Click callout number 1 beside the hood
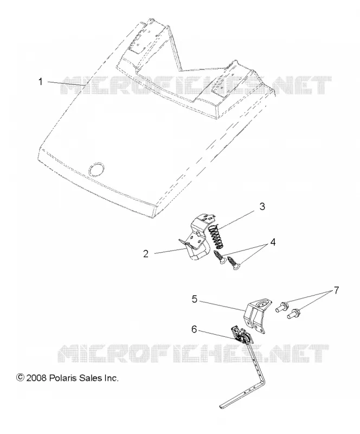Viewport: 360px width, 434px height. pos(41,82)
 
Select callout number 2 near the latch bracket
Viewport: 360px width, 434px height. pos(146,253)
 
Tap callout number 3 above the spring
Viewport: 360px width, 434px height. pos(262,207)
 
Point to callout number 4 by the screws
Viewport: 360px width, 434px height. pos(273,242)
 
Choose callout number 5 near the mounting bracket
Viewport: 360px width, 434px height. pos(195,299)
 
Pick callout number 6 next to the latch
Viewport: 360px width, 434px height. pos(194,329)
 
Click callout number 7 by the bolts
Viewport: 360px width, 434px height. pos(336,290)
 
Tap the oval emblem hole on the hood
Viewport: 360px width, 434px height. pos(96,169)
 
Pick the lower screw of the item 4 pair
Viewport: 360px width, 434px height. pos(233,264)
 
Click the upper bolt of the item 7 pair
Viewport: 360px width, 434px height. pos(282,307)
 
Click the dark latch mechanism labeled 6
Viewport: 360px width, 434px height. pos(241,335)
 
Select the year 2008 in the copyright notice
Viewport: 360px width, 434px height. pos(36,378)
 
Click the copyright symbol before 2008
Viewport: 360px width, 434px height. pos(21,378)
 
